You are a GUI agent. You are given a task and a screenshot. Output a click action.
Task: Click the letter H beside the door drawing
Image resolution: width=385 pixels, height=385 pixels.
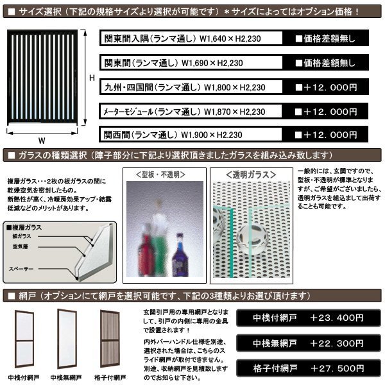point(92,78)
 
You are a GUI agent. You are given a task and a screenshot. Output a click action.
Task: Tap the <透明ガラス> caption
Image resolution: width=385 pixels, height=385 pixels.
point(252,173)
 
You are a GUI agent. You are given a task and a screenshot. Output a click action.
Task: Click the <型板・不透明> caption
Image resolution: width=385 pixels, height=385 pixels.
point(166,173)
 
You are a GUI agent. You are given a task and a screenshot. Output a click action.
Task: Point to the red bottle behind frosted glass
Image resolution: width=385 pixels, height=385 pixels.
point(147,257)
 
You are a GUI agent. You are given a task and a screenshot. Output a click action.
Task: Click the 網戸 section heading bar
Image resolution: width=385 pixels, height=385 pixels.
point(193,296)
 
